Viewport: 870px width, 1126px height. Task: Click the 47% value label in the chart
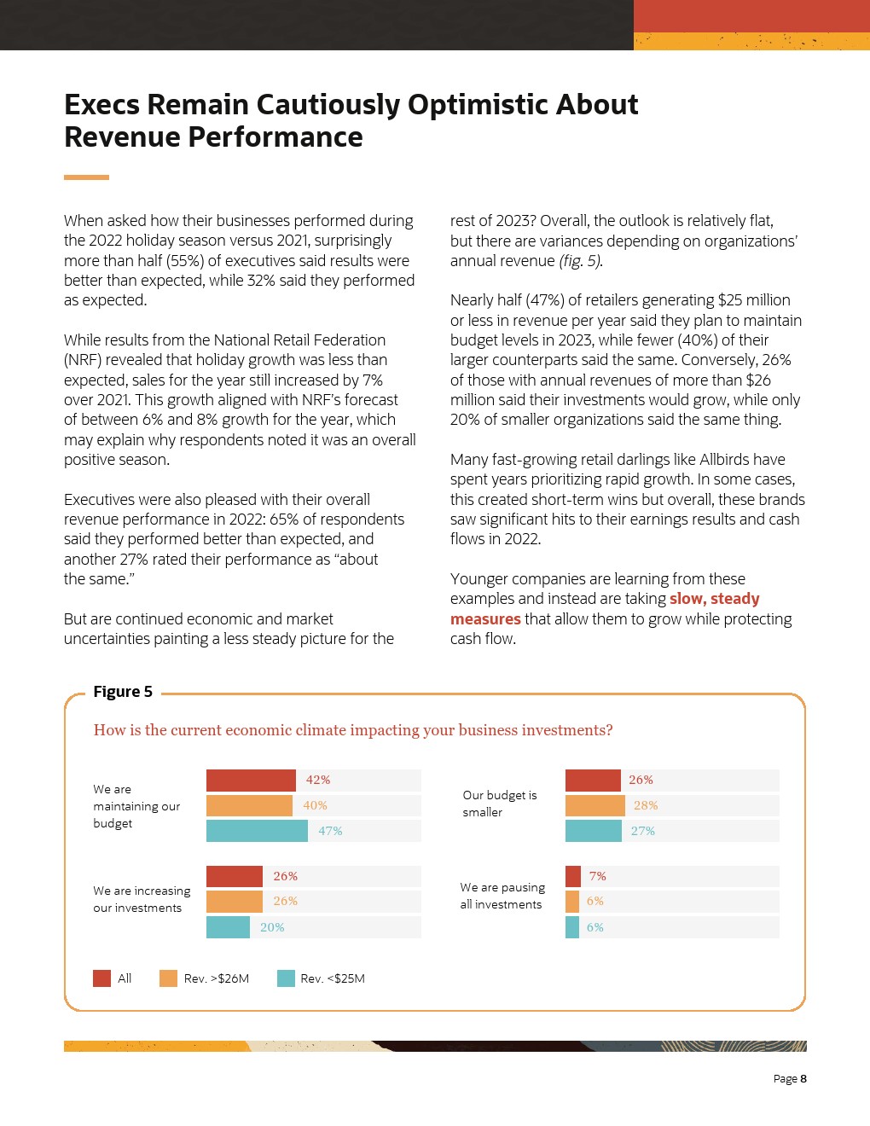pos(330,831)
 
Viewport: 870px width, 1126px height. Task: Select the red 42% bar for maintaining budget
pos(251,780)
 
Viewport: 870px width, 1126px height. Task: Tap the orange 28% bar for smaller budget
pos(594,805)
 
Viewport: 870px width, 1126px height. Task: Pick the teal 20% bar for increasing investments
pos(228,927)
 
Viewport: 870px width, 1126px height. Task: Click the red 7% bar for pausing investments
pos(572,876)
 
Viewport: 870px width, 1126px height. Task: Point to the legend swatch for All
pos(101,978)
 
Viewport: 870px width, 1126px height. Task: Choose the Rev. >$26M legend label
pos(217,978)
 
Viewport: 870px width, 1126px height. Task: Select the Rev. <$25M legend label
pos(333,978)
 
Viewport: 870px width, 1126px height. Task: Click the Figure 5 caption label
pos(123,692)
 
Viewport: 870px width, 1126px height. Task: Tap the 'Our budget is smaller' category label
pos(500,804)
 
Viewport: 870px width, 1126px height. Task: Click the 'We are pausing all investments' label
pos(502,896)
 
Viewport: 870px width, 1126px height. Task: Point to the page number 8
pos(803,1079)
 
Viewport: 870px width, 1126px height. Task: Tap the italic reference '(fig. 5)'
pos(581,261)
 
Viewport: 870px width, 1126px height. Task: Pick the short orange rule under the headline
pos(86,177)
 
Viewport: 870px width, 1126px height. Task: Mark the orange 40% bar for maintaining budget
pos(249,805)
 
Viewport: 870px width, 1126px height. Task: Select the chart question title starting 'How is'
pos(352,730)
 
